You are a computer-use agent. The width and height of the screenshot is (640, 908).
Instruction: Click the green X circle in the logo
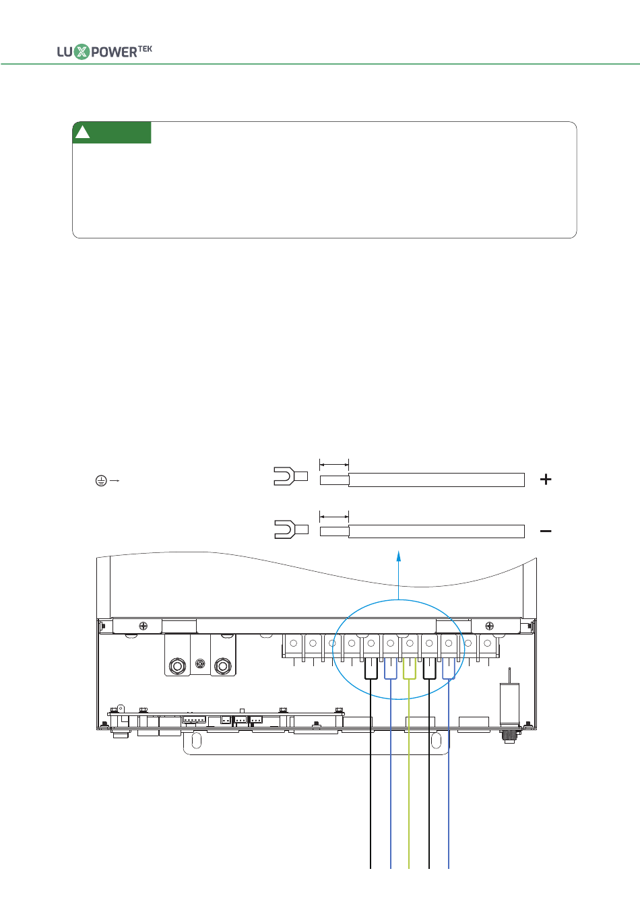coord(82,52)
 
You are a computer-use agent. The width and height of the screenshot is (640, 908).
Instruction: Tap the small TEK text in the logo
coord(145,49)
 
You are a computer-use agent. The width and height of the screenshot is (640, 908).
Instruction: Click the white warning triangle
coord(83,132)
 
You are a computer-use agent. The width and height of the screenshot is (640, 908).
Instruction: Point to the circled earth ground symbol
coord(101,481)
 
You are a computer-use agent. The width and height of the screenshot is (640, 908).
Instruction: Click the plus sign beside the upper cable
coord(546,480)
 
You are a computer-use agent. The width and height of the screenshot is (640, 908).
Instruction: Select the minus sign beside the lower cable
coord(546,531)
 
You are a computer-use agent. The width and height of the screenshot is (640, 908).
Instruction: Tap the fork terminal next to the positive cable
coord(290,476)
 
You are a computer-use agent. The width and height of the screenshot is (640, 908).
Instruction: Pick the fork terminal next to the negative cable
coord(291,529)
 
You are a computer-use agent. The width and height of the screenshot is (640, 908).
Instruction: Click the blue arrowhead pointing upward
coord(399,556)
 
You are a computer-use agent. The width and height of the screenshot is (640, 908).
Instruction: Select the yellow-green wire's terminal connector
coord(410,668)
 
